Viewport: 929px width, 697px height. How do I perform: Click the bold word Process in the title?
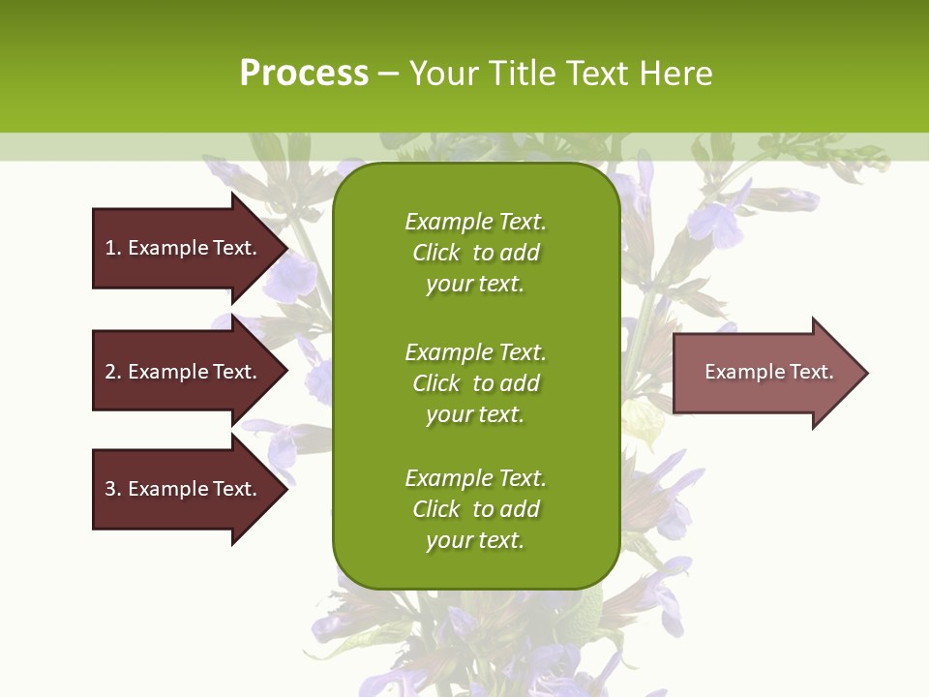[x=304, y=74]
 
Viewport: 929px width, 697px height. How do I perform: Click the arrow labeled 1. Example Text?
[x=184, y=248]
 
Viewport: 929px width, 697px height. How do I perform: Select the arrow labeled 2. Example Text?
[x=184, y=372]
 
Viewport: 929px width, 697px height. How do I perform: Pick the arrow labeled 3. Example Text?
[x=184, y=489]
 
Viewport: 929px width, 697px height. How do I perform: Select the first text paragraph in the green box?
[x=475, y=253]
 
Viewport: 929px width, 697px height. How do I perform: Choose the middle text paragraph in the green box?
[x=475, y=382]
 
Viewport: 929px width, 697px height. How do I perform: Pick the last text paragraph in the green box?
[x=475, y=509]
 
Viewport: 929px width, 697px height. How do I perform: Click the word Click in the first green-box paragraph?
[x=436, y=253]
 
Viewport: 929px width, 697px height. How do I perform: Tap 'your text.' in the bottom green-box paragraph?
[x=475, y=540]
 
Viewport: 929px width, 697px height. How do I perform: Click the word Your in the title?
[x=441, y=74]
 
